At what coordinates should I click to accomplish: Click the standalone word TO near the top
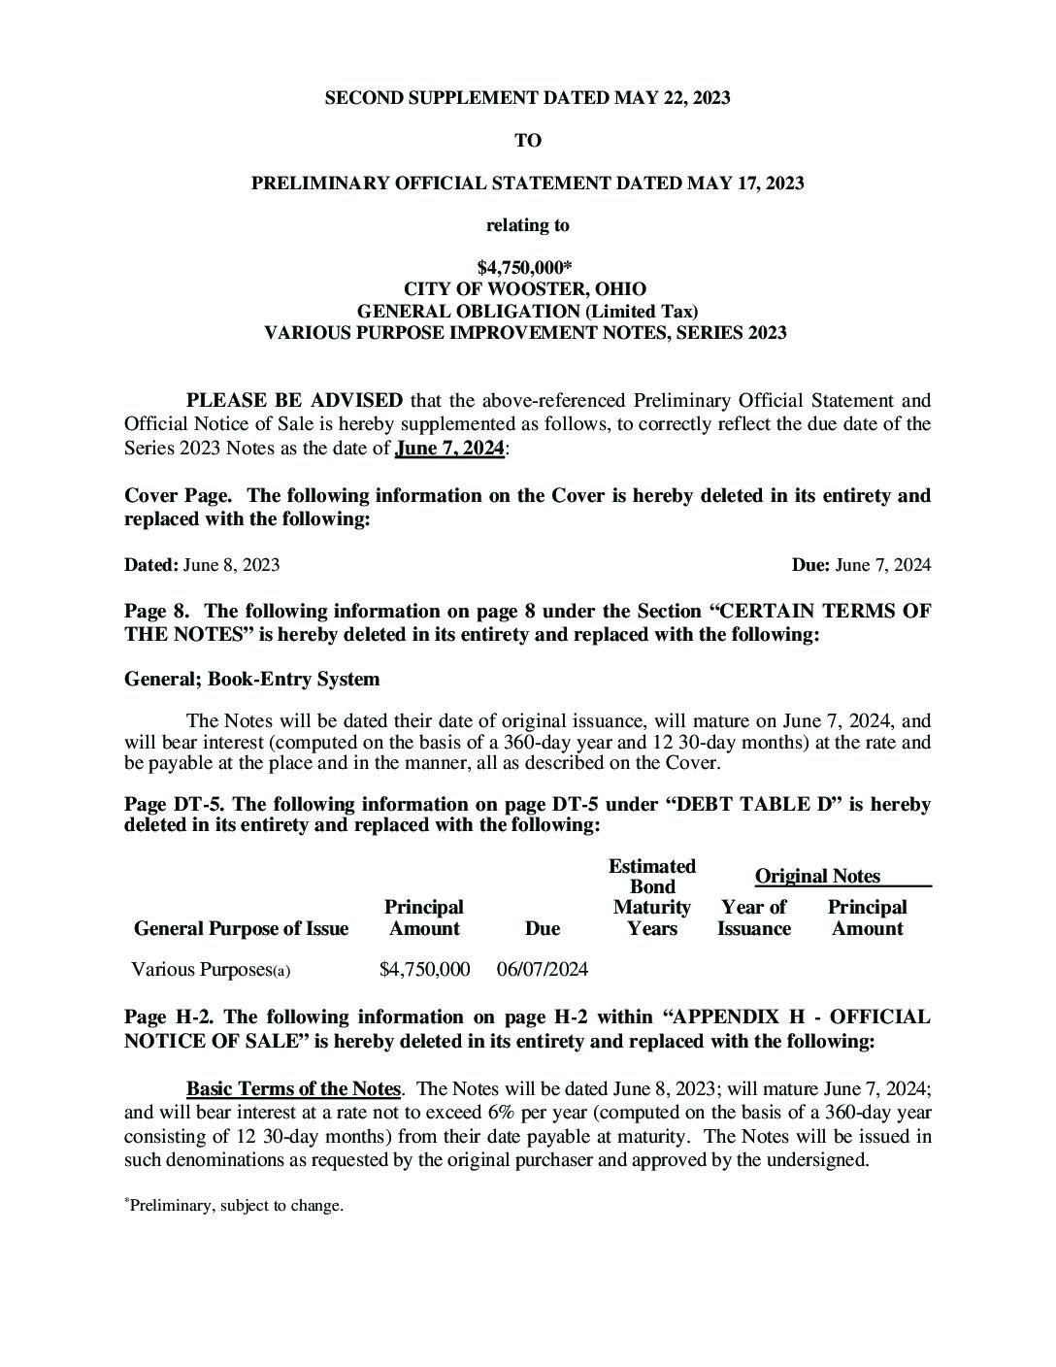(527, 141)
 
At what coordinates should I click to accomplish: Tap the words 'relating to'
(527, 225)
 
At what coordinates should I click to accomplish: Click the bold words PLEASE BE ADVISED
(294, 400)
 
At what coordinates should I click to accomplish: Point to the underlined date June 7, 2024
(449, 448)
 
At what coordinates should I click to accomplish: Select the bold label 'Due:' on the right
(810, 565)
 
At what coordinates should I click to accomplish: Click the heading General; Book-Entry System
(251, 679)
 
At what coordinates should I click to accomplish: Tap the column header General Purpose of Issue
(241, 929)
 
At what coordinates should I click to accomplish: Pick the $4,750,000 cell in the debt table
(424, 969)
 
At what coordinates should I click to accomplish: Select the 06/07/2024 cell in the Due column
(542, 969)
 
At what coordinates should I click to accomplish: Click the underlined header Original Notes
(817, 877)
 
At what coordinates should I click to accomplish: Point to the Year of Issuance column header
(753, 918)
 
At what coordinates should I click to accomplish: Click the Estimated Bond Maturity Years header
(651, 897)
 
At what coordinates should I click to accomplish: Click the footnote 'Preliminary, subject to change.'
(236, 1206)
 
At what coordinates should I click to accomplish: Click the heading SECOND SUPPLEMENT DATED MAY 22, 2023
(527, 98)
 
